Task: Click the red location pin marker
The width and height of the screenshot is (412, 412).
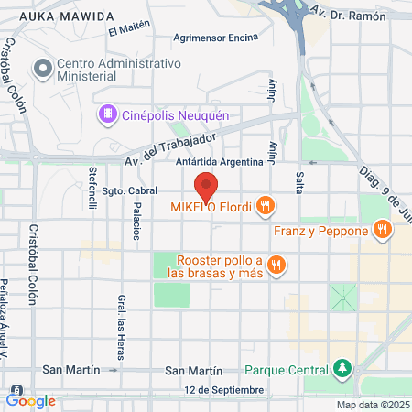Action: pos(207,186)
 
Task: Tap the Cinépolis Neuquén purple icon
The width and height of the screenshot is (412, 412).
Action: pos(107,114)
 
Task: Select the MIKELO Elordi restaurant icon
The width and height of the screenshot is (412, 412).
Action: pos(266,206)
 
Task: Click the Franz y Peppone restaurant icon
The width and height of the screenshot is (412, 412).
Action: pos(382,229)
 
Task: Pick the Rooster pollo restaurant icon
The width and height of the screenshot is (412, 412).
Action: pos(277,266)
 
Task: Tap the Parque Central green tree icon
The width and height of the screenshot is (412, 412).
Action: pos(343,370)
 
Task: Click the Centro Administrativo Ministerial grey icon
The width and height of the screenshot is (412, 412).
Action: pos(42,69)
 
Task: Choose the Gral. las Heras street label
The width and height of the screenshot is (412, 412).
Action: pos(121,326)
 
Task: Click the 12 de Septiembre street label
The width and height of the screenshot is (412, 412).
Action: pos(223,390)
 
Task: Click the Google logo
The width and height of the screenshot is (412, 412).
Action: pos(31,400)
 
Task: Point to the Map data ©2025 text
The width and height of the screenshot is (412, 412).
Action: pos(373,405)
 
